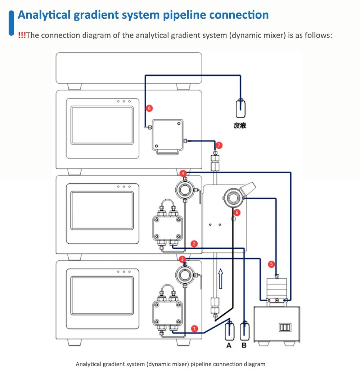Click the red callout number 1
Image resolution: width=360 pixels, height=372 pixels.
tap(194, 329)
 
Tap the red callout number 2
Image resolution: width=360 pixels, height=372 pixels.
tap(194, 244)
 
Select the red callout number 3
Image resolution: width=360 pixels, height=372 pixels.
tap(182, 259)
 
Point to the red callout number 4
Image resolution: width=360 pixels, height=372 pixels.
tap(183, 173)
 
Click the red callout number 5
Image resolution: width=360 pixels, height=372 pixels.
tap(271, 264)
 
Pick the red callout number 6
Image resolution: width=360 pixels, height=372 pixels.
tap(237, 212)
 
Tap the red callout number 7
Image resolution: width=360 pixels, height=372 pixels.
tap(219, 145)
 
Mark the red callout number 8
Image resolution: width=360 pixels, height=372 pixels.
tap(149, 108)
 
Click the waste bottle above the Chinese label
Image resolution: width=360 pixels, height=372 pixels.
tap(240, 108)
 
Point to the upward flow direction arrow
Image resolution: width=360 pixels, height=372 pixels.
tap(221, 279)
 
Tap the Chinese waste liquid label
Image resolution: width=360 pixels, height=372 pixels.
tap(240, 125)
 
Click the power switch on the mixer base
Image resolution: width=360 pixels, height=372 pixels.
tap(285, 327)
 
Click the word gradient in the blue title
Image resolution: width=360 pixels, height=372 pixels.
tap(96, 15)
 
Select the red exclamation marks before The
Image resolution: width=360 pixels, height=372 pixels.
tap(22, 35)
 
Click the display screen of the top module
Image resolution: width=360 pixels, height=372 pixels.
tap(102, 125)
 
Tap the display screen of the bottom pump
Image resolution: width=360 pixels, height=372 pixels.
tap(102, 295)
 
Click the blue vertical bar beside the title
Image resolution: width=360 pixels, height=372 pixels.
tap(11, 23)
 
